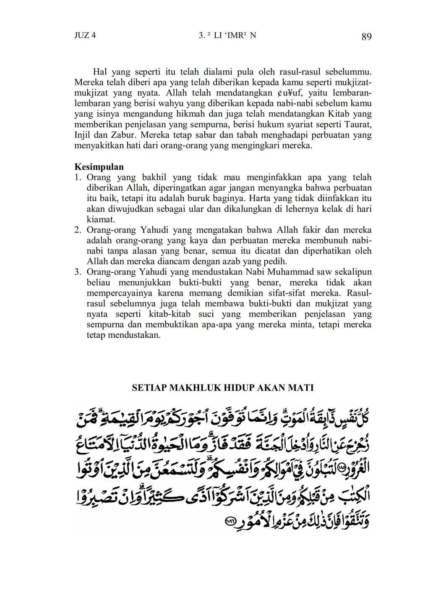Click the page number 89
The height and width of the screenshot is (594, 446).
pos(366,37)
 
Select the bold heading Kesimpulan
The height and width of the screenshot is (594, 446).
pos(99,167)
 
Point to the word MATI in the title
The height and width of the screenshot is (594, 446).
pos(300,388)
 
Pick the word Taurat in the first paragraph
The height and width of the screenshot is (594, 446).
pos(357,125)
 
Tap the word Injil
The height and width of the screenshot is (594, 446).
pos(83,135)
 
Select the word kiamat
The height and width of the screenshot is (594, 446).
pos(101,219)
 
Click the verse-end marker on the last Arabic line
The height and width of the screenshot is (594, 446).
pos(231,521)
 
